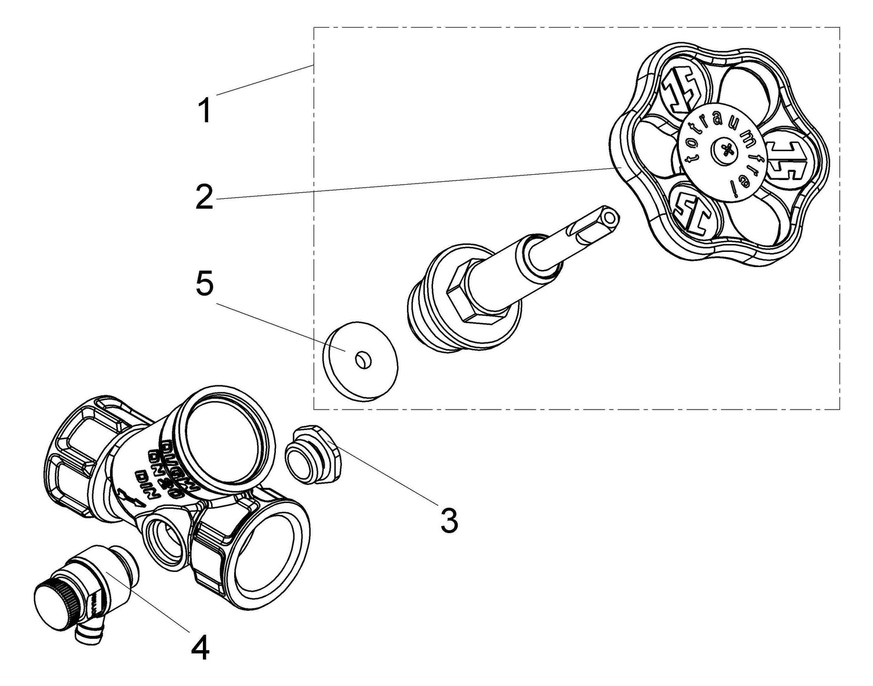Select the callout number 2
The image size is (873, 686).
click(x=204, y=197)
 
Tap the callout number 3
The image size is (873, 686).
click(x=449, y=521)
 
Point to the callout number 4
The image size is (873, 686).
click(x=200, y=648)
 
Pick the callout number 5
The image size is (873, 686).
click(x=204, y=285)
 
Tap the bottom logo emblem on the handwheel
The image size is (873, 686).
click(x=692, y=213)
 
